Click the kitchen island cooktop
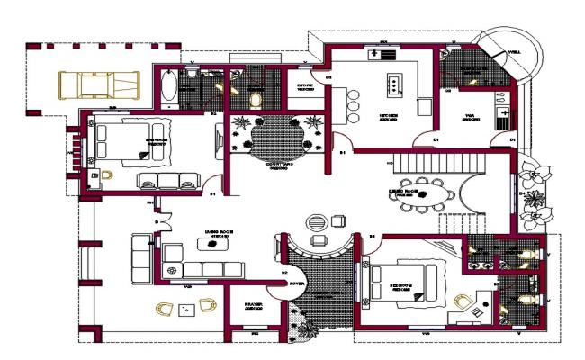(393, 85)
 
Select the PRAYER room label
(253, 304)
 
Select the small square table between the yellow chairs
(186, 309)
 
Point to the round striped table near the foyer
(315, 221)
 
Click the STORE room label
(305, 89)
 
